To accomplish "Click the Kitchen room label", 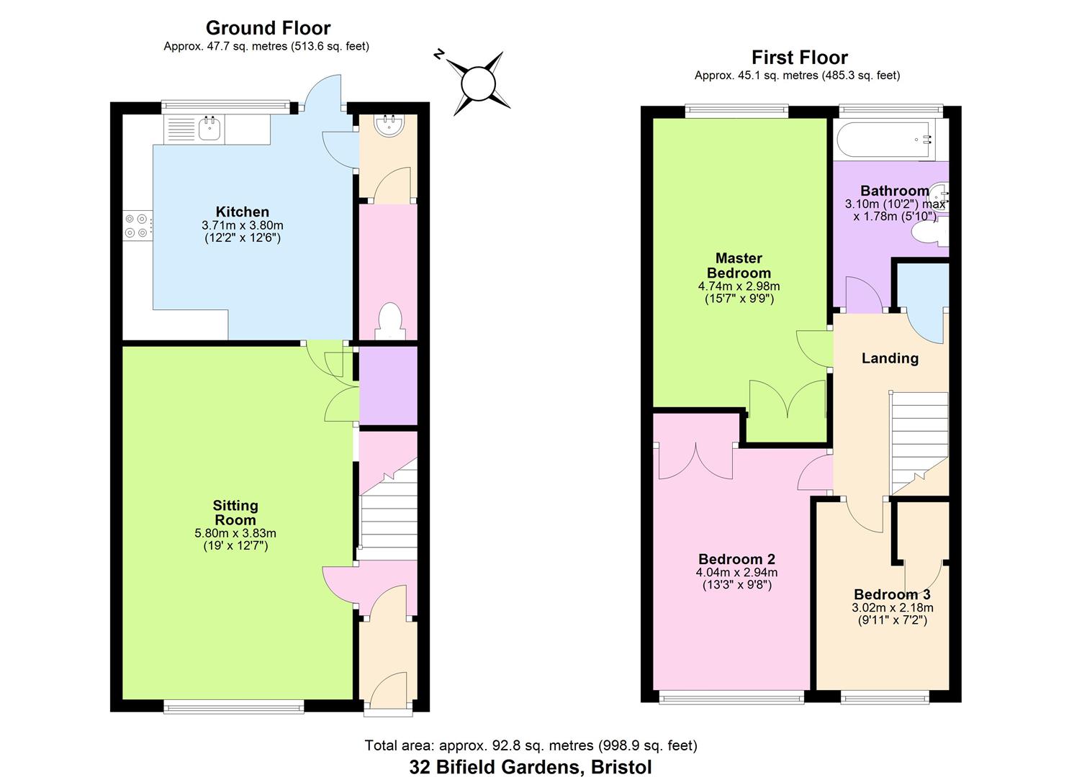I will click(243, 212).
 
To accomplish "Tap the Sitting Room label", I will click(235, 513).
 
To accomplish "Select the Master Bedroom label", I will click(739, 265).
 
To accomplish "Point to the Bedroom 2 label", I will click(736, 559).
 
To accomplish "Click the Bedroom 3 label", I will click(892, 594).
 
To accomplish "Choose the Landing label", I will click(890, 358).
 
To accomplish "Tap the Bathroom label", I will click(894, 191).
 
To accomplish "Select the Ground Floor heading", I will click(268, 28).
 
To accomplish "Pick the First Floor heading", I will click(799, 58).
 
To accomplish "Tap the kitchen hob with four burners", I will click(137, 225).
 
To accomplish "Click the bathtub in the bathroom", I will click(887, 138).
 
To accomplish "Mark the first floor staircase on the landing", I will click(918, 442).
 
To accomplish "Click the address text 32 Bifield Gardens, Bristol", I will click(531, 767).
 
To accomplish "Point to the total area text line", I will click(531, 745).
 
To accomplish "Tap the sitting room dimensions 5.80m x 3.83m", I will click(235, 533).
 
